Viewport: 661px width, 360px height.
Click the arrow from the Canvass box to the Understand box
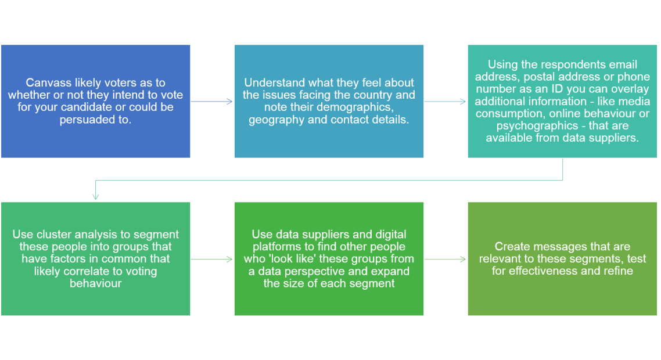click(212, 102)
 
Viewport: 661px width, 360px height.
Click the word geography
click(275, 120)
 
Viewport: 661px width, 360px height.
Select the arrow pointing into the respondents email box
click(446, 102)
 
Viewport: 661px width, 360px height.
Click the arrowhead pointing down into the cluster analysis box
click(96, 197)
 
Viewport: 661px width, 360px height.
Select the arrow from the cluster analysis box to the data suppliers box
click(212, 259)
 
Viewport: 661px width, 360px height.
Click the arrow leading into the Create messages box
click(446, 259)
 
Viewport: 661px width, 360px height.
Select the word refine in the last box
click(617, 271)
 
